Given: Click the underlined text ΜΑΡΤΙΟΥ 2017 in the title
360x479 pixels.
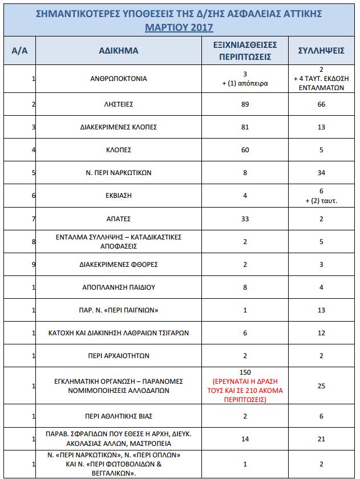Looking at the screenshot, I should point(179,26).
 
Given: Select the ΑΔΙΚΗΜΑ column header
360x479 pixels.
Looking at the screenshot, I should point(118,51).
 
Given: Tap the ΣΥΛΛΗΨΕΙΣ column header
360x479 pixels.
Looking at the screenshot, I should point(321,51).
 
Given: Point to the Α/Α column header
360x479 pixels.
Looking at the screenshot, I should point(19,51).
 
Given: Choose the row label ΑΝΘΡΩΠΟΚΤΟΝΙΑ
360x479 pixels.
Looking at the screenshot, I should point(118,79).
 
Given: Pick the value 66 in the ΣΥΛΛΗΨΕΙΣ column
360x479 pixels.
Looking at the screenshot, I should point(321,105).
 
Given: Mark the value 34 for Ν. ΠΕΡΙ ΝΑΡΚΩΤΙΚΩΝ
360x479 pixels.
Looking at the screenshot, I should point(321,173).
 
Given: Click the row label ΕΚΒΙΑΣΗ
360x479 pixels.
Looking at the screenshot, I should point(118,195).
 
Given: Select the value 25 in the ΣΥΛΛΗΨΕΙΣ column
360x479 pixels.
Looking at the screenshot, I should point(321,386).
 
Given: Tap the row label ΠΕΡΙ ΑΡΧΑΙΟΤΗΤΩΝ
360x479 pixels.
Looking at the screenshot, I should point(118,355).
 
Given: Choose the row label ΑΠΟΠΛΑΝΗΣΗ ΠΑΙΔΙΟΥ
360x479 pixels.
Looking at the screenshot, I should point(118,287).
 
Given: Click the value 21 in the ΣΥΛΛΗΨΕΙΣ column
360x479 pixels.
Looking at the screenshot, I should point(321,439).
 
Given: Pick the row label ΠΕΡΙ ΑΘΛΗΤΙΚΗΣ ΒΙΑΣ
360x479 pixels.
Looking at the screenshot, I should point(118,416).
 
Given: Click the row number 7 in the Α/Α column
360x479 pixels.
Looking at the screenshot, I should point(34,218).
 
